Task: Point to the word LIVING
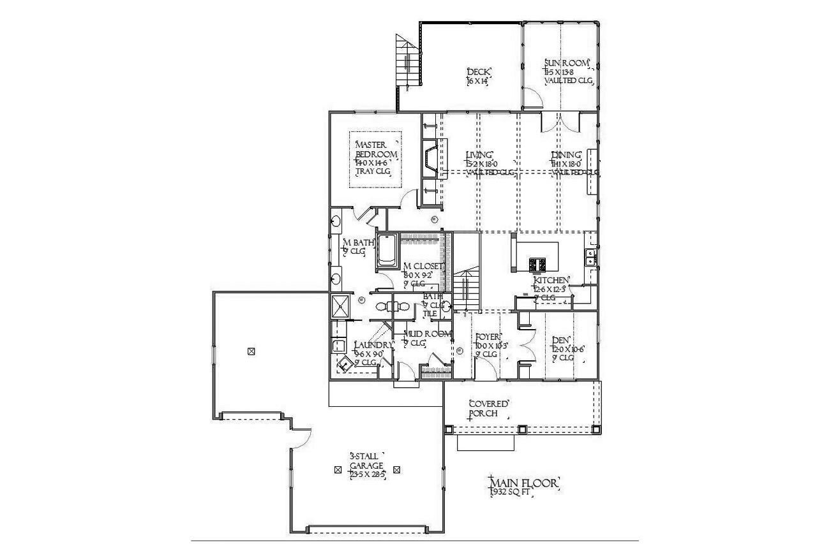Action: pyautogui.click(x=479, y=155)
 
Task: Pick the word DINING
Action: pyautogui.click(x=567, y=155)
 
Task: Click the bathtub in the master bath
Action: pyautogui.click(x=387, y=251)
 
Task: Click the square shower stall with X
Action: pyautogui.click(x=340, y=305)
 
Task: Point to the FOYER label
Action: pyautogui.click(x=488, y=337)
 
